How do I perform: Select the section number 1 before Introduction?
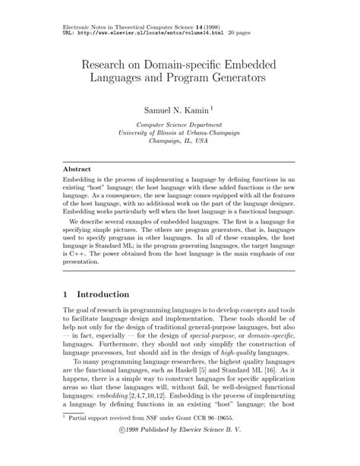pyautogui.click(x=66, y=294)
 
